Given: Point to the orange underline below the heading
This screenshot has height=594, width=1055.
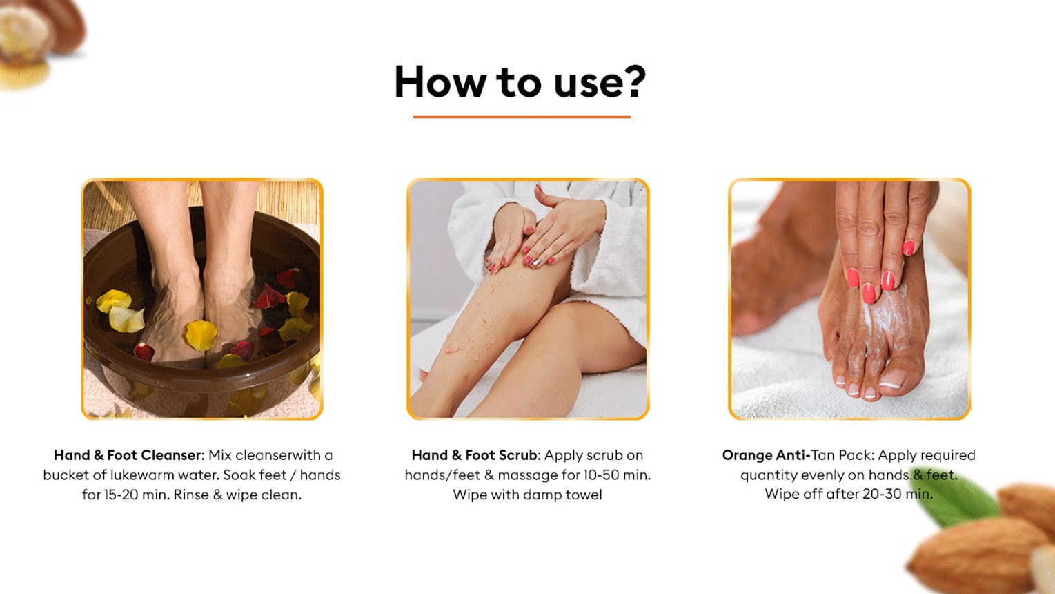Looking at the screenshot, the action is pyautogui.click(x=522, y=117).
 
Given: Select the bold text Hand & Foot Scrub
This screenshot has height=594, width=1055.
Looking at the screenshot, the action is pyautogui.click(x=474, y=455).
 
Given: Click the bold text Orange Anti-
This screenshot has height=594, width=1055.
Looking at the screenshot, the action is pyautogui.click(x=767, y=455).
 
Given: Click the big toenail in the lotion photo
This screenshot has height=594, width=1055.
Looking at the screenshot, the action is pyautogui.click(x=892, y=378).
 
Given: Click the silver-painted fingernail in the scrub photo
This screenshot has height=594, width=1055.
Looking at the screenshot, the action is pyautogui.click(x=536, y=262).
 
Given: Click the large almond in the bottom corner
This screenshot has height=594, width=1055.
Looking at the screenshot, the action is pyautogui.click(x=975, y=556).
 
